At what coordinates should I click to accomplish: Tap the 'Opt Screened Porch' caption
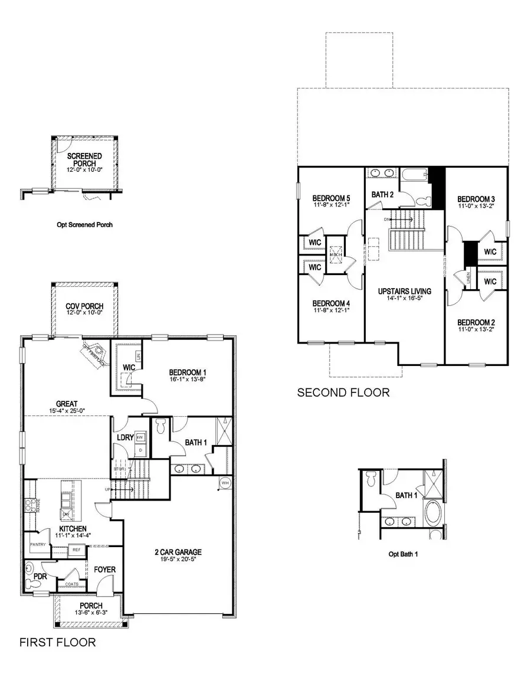[x=84, y=224]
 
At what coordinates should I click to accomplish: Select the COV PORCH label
[x=84, y=306]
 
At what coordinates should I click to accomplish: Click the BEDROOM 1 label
[x=187, y=372]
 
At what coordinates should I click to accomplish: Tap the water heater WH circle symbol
[x=224, y=482]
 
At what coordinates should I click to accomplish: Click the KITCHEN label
[x=73, y=528]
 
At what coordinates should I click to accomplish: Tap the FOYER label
[x=104, y=570]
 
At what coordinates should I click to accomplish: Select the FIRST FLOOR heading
[x=57, y=642]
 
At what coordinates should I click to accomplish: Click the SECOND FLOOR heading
[x=343, y=392]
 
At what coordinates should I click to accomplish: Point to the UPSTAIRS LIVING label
[x=404, y=291]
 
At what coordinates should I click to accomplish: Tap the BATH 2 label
[x=383, y=194]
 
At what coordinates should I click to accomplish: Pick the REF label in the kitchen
[x=76, y=549]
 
